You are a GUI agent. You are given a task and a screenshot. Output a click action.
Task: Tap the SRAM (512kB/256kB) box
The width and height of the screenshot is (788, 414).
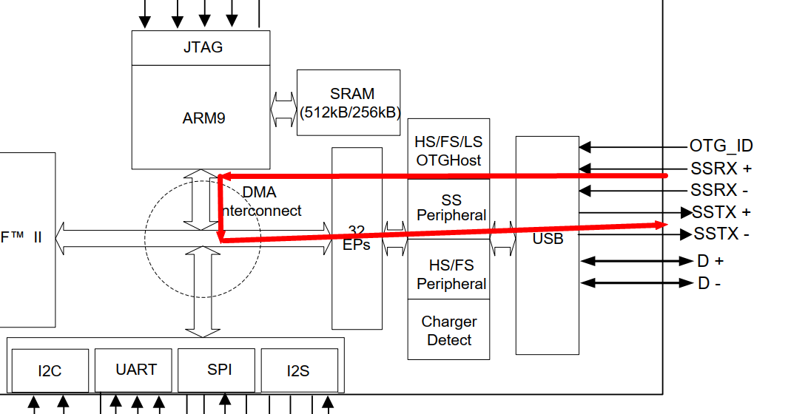tap(348, 103)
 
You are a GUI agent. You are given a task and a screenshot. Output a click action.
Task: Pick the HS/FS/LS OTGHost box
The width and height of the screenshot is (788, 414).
tap(448, 150)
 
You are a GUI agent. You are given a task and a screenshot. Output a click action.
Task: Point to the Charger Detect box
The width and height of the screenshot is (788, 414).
tap(448, 330)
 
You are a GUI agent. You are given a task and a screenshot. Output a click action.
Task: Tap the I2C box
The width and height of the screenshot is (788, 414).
tap(50, 370)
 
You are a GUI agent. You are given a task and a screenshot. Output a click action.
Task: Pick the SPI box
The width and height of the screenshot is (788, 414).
tap(219, 370)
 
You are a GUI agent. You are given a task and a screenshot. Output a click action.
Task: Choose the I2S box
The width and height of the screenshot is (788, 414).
tap(299, 370)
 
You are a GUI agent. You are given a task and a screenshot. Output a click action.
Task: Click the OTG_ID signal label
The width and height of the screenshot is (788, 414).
tap(721, 146)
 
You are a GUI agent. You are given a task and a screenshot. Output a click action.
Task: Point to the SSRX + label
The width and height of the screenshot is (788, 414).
tap(721, 169)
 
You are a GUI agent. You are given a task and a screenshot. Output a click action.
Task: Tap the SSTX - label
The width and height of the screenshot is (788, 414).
tap(721, 234)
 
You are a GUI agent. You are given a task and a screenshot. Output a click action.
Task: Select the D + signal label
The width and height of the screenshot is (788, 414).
tap(710, 261)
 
